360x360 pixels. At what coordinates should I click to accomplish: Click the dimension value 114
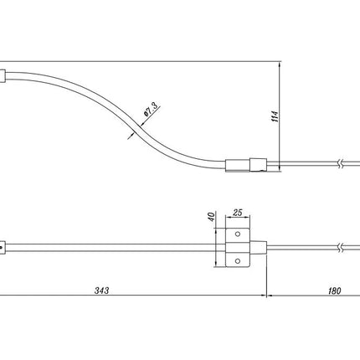[275, 116]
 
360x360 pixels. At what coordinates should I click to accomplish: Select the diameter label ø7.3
[151, 109]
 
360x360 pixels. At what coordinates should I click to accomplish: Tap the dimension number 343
[101, 291]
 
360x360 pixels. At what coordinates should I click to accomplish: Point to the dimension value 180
[334, 291]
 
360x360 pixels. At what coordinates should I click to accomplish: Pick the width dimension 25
[237, 213]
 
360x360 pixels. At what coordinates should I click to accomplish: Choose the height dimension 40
[212, 217]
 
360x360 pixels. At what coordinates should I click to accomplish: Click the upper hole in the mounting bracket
[238, 234]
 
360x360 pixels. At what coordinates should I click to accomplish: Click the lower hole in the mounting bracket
[238, 261]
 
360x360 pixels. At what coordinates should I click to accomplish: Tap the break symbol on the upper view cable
[340, 164]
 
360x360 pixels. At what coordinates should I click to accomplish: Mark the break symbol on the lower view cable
[340, 248]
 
